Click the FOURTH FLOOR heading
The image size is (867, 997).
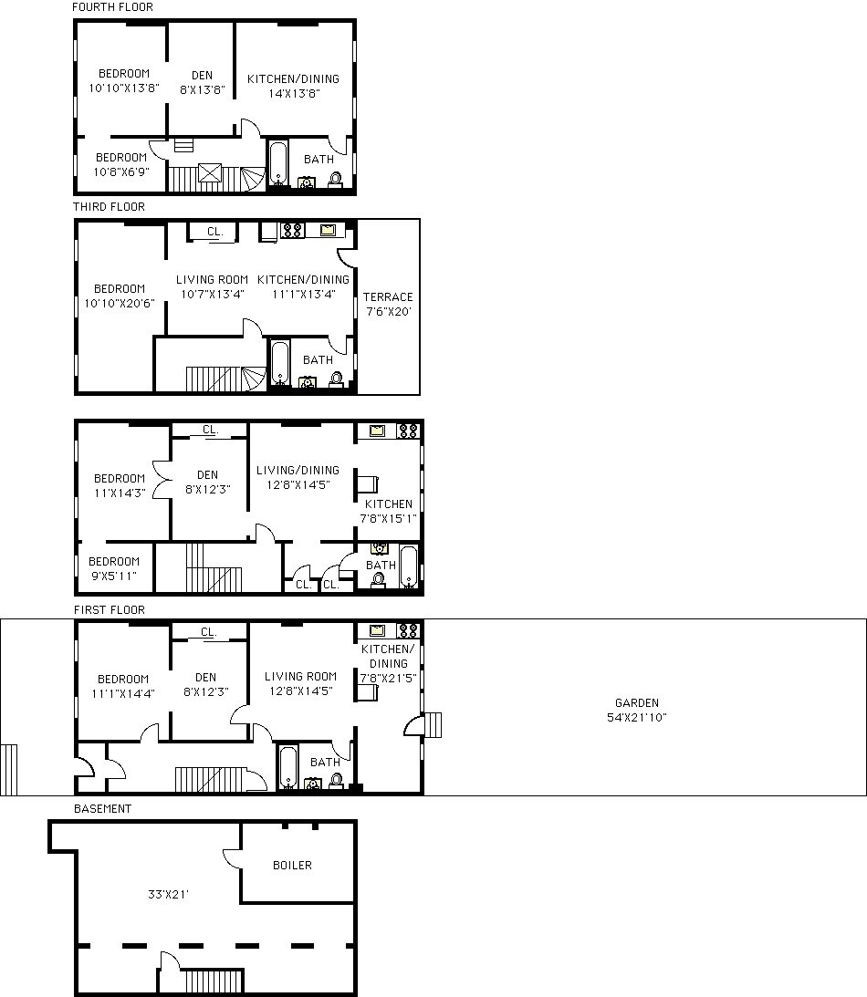113,7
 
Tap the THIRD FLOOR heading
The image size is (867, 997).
110,207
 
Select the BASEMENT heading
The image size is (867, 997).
102,809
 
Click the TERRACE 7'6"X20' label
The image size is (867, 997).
388,304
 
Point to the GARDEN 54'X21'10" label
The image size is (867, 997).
636,711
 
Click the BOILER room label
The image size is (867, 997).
292,865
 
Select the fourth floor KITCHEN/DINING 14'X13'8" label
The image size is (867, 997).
293,86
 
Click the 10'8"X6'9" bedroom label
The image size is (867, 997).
121,164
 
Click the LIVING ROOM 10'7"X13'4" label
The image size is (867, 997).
212,286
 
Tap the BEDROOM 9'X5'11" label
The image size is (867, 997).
114,568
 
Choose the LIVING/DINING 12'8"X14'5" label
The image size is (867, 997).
298,478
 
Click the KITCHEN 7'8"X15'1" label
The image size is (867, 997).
389,511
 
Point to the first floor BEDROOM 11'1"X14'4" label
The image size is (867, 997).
122,686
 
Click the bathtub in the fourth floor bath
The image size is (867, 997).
278,163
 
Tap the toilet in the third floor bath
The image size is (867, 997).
336,379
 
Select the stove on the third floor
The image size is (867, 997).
292,231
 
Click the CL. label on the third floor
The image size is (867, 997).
214,232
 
